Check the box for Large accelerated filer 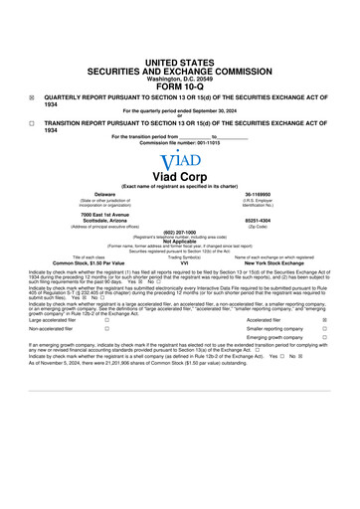[x=106, y=320]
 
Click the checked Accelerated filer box [x=326, y=320]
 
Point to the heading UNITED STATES [x=179, y=62]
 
